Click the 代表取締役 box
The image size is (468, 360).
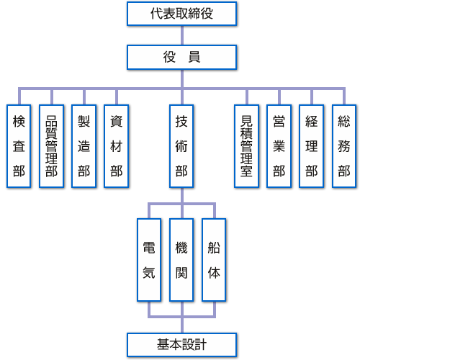pos(181,14)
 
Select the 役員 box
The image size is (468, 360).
pos(181,58)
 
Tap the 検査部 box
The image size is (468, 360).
pos(19,146)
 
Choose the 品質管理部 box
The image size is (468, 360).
pos(51,146)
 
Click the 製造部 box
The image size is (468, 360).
pos(84,146)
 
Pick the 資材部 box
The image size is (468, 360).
pos(116,146)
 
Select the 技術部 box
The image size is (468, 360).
pos(181,146)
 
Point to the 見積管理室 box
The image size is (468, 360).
pos(246,146)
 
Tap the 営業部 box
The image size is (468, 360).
pos(279,146)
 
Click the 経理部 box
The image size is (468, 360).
pos(311,146)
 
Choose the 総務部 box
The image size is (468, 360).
pos(344,146)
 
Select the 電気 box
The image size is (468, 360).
pos(149,260)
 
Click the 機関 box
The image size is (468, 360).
pos(181,260)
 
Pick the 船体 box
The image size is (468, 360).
pos(214,260)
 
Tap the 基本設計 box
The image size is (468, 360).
pos(181,345)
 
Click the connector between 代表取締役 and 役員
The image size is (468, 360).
pos(181,35)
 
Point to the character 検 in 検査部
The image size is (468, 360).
pos(19,122)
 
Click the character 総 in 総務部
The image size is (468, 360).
pos(344,122)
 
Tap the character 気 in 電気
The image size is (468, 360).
pos(149,273)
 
